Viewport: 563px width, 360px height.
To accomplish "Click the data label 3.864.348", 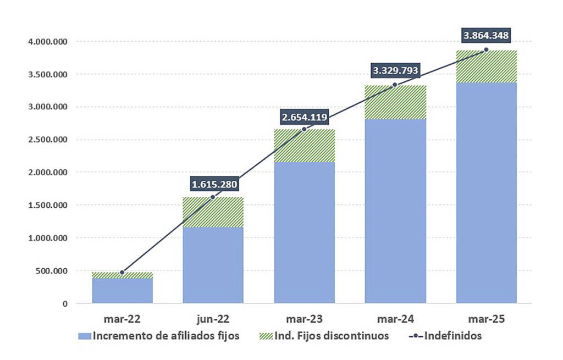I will [x=486, y=36].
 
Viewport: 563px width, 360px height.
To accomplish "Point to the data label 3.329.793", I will [x=395, y=70].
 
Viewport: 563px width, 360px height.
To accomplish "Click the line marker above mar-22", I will [x=122, y=272].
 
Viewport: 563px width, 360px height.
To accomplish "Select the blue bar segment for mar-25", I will [x=486, y=192].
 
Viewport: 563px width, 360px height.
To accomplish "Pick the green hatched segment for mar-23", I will [x=304, y=146].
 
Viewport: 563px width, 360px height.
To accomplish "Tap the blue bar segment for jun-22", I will [x=213, y=265].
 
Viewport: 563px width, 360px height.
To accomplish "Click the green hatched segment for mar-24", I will [x=395, y=102].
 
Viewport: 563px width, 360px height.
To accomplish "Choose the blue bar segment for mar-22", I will [x=122, y=291].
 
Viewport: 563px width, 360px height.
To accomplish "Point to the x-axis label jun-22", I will [x=213, y=319].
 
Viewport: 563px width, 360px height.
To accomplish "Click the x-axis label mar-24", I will [x=395, y=319].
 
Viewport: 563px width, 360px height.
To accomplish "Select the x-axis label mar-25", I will [x=486, y=319].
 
